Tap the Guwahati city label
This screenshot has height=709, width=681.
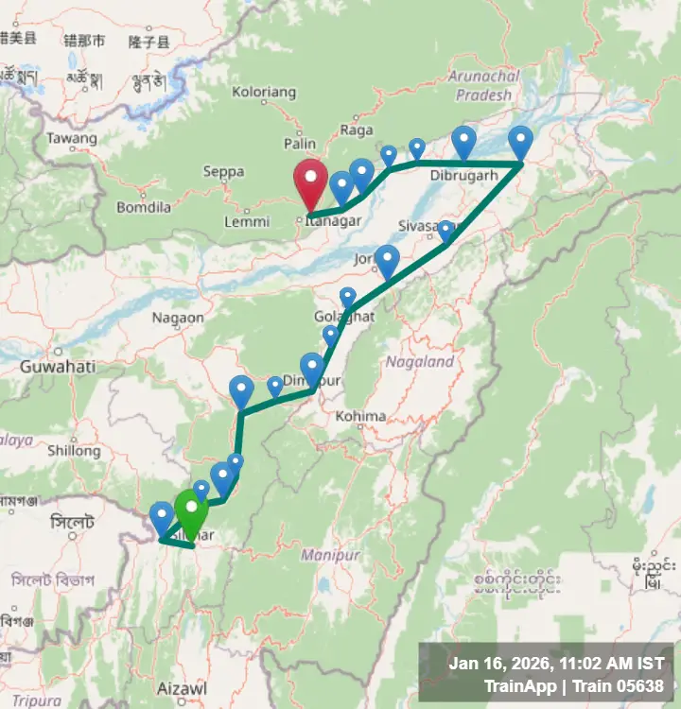pyautogui.click(x=57, y=366)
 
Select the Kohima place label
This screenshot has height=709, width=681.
pyautogui.click(x=360, y=416)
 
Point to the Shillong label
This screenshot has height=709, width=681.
pyautogui.click(x=73, y=451)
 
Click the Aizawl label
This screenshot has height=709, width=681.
pyautogui.click(x=183, y=688)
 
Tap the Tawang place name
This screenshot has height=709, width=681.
pyautogui.click(x=72, y=139)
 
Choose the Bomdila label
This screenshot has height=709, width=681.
pyautogui.click(x=144, y=207)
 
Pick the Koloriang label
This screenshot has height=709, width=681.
pyautogui.click(x=264, y=93)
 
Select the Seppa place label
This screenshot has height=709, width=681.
pyautogui.click(x=223, y=172)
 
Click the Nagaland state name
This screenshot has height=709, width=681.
pyautogui.click(x=420, y=361)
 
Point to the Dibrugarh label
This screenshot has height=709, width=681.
pyautogui.click(x=463, y=176)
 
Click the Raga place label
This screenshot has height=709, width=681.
pyautogui.click(x=356, y=130)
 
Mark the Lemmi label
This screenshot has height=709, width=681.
pyautogui.click(x=247, y=221)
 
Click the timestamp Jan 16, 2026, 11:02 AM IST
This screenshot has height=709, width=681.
pyautogui.click(x=556, y=664)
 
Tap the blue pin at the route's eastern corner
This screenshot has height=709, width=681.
pyautogui.click(x=520, y=143)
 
